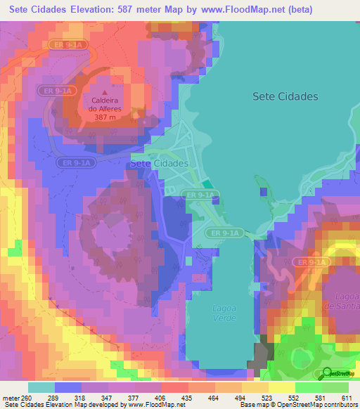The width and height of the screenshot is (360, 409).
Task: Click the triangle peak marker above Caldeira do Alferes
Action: pyautogui.click(x=105, y=92)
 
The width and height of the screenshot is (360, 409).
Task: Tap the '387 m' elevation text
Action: pyautogui.click(x=105, y=117)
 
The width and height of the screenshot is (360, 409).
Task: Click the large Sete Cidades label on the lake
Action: pyautogui.click(x=285, y=96)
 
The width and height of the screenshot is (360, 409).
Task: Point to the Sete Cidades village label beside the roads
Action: pyautogui.click(x=160, y=163)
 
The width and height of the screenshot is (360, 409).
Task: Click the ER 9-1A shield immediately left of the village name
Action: pyautogui.click(x=75, y=163)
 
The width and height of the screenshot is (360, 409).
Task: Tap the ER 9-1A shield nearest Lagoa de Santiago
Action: pyautogui.click(x=311, y=262)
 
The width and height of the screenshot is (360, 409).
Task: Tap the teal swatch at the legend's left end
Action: pyautogui.click(x=41, y=387)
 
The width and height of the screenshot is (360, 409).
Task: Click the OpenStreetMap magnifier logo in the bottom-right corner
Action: pyautogui.click(x=326, y=374)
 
